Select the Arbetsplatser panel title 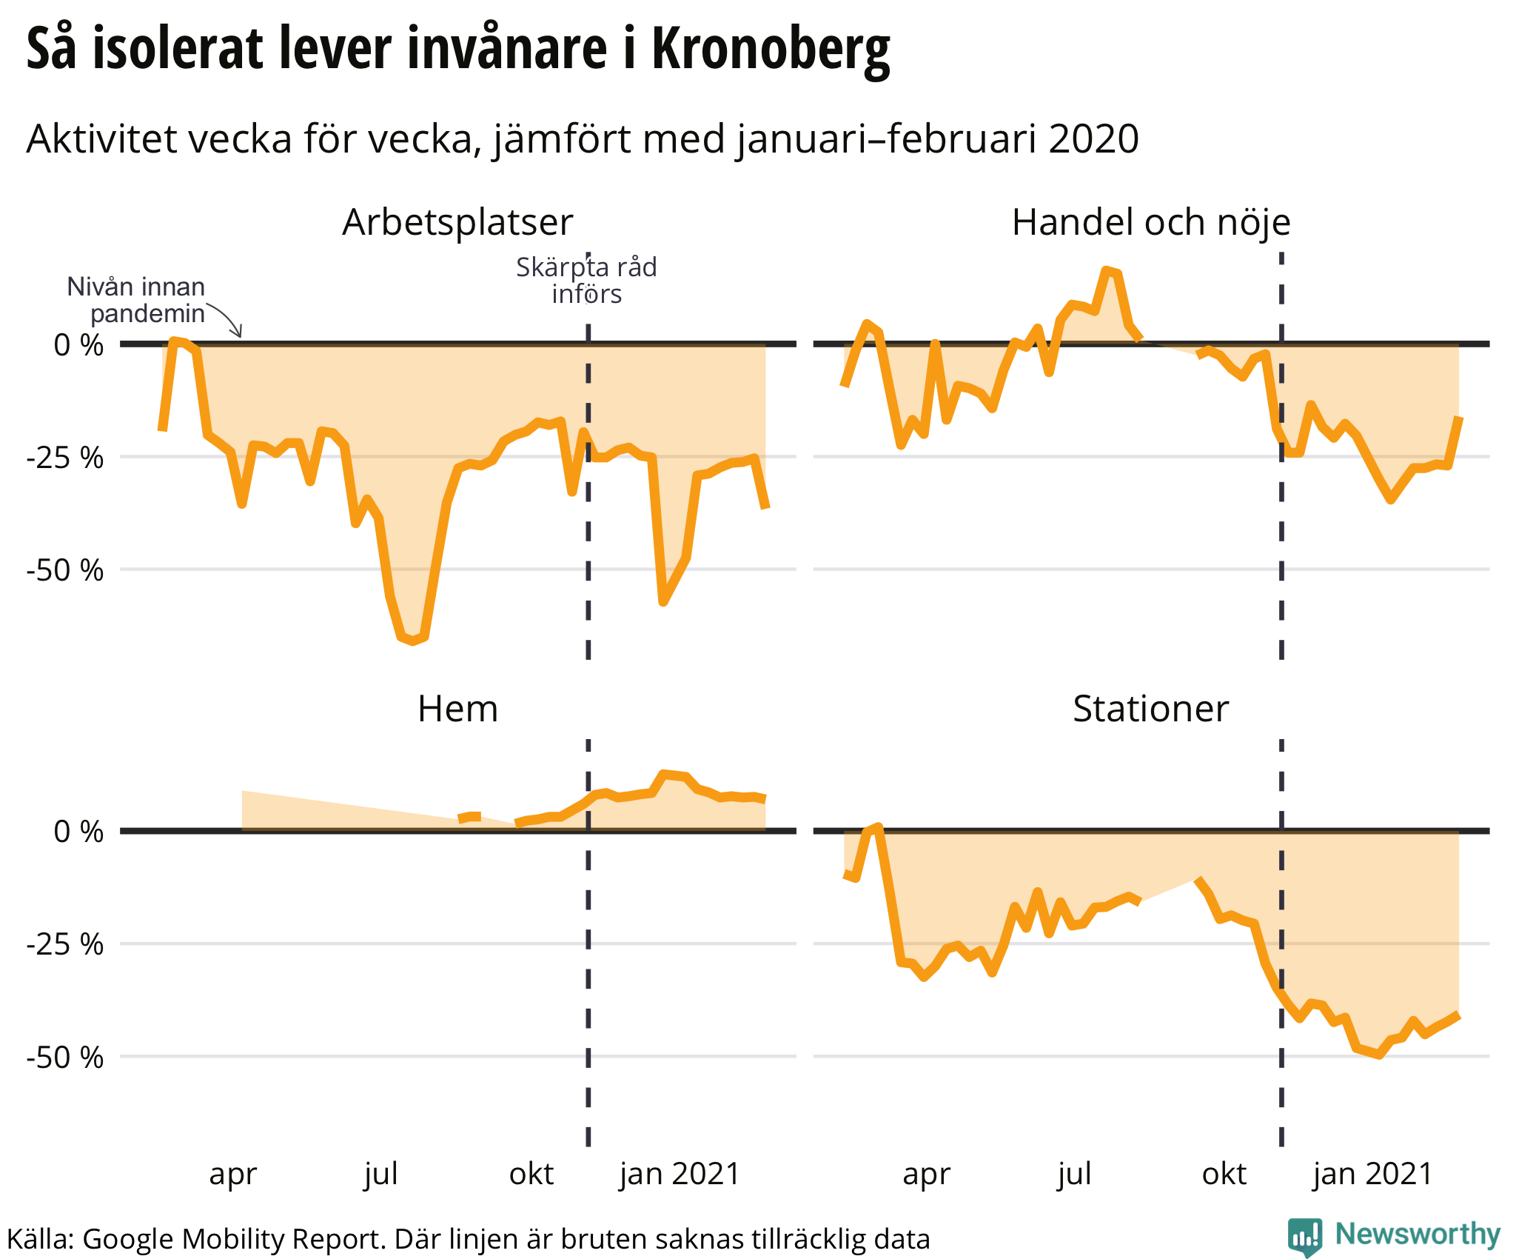(457, 222)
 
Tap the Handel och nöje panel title (1150, 222)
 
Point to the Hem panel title (457, 709)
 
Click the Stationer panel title (1150, 709)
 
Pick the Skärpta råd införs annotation (586, 281)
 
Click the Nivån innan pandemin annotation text (136, 300)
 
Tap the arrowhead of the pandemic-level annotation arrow (239, 335)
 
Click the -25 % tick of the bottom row (65, 945)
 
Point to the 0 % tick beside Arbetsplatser (78, 345)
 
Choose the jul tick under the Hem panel (381, 1174)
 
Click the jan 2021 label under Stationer (1372, 1174)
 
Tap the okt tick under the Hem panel (531, 1174)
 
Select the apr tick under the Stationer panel (926, 1174)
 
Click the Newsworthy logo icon (1304, 1236)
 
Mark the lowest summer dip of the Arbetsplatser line (413, 641)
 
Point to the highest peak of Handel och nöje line (1107, 270)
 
